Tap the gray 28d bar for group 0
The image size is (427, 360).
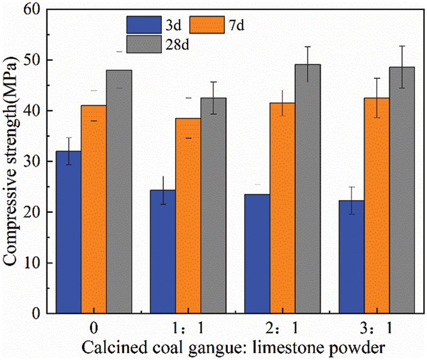(x=119, y=192)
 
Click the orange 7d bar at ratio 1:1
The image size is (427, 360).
(x=188, y=216)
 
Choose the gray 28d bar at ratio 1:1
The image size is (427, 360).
(x=213, y=206)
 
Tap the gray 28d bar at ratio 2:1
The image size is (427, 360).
(x=307, y=189)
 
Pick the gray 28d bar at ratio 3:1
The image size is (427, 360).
(x=401, y=190)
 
